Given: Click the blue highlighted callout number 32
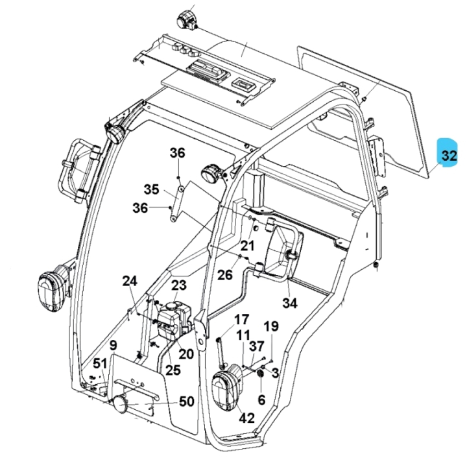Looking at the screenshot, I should (448, 156).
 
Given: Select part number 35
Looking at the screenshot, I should (151, 190).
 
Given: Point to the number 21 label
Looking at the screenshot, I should (248, 246).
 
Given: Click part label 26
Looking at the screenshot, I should (224, 275).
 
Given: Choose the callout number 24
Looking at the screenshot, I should (130, 281).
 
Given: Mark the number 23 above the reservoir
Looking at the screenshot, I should (178, 285).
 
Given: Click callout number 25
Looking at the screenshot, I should (172, 370).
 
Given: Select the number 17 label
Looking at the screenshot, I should (241, 319).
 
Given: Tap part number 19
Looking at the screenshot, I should (270, 326).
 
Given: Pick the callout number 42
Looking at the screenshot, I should (246, 418).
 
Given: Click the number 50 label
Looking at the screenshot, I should (187, 401).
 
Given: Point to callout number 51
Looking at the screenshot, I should (99, 363).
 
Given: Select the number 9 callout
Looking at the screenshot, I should (113, 345).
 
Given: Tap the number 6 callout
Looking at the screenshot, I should (261, 400).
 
